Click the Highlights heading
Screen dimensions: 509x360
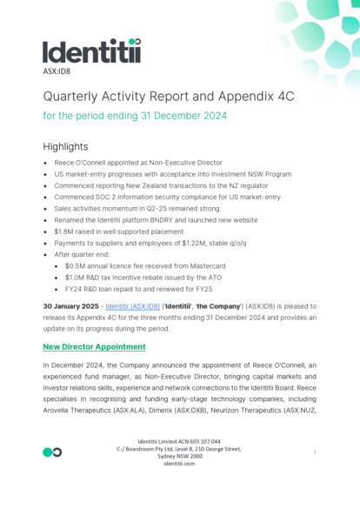tap(65, 146)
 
